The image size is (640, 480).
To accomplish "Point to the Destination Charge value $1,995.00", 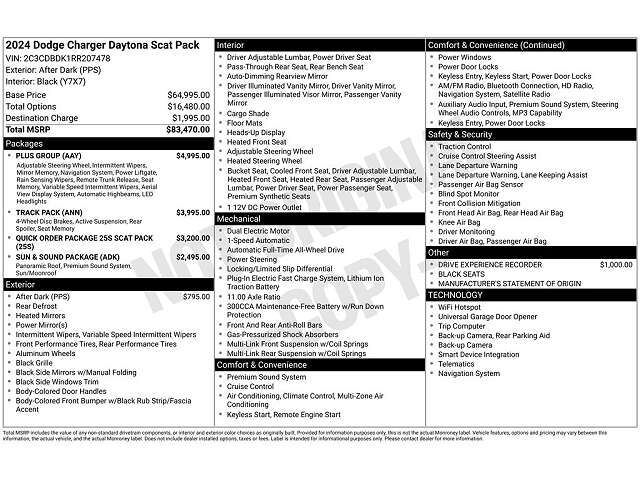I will coord(189,118).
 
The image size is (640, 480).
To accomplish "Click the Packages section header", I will coord(25,143).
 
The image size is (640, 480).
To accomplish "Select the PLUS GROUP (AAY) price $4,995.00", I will coord(191,156).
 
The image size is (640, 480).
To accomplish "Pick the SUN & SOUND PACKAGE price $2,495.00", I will coord(191,257).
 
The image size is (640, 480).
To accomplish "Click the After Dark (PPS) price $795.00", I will coord(196,297).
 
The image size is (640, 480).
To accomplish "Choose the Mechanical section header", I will coord(239,217).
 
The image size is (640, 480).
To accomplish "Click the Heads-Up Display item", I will coord(256,132).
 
